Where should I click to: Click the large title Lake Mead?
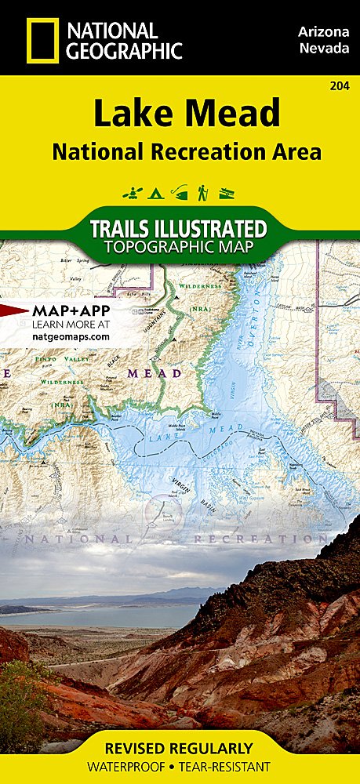tap(187, 114)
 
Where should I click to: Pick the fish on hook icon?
tap(180, 191)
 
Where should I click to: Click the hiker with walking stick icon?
tap(202, 191)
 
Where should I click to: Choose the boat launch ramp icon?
tap(227, 192)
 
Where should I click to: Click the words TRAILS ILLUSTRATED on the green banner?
tap(180, 230)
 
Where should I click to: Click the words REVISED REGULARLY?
tap(180, 748)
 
